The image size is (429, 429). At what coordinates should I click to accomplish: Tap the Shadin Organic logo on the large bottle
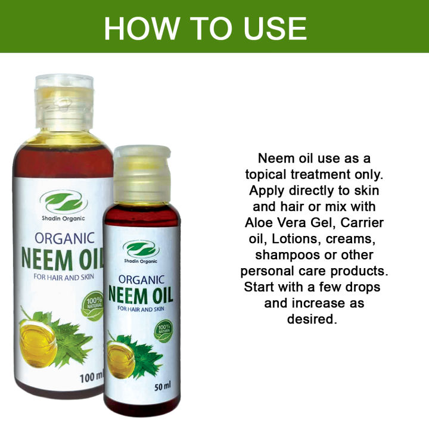[64, 203]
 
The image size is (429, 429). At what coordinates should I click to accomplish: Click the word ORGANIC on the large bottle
[64, 238]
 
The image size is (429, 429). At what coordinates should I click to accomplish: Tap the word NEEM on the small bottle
[125, 295]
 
